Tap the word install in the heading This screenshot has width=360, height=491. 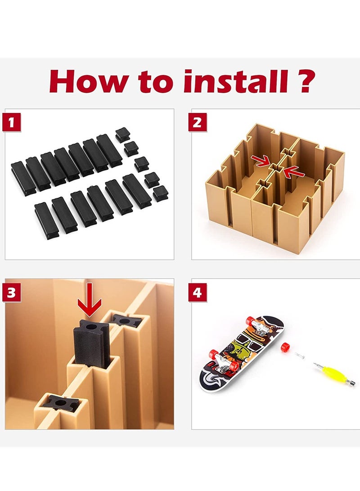(x=236, y=81)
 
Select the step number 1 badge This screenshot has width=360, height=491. (x=12, y=122)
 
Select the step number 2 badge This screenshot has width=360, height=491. (x=197, y=122)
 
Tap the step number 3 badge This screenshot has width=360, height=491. (x=12, y=293)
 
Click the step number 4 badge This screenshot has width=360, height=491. (x=197, y=293)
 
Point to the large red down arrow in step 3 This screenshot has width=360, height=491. (x=90, y=300)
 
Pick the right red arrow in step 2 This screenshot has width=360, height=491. (x=293, y=171)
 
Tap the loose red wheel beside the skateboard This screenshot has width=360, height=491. (x=285, y=347)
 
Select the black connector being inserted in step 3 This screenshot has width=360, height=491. (x=91, y=342)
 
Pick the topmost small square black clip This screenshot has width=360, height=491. (x=122, y=134)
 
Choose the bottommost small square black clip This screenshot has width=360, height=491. (x=161, y=193)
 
